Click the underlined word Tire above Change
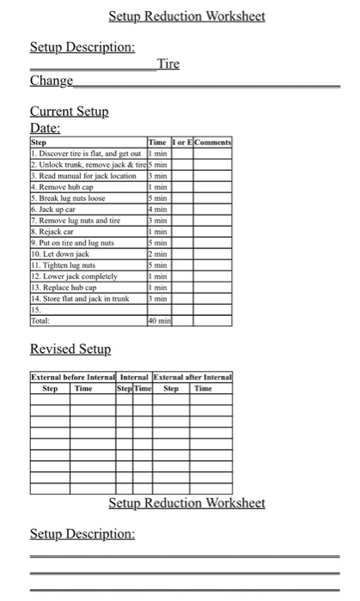tap(168, 64)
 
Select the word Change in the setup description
tap(51, 81)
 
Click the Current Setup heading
tap(69, 112)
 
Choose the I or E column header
tap(181, 141)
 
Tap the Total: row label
tap(42, 320)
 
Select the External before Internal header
tap(73, 376)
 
